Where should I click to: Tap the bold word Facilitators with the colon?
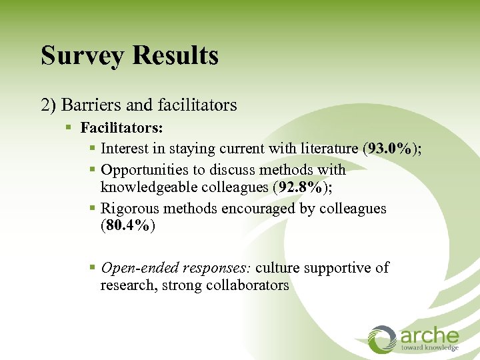coord(122,127)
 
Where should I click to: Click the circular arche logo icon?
coord(383,339)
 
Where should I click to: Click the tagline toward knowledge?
coord(429,348)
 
